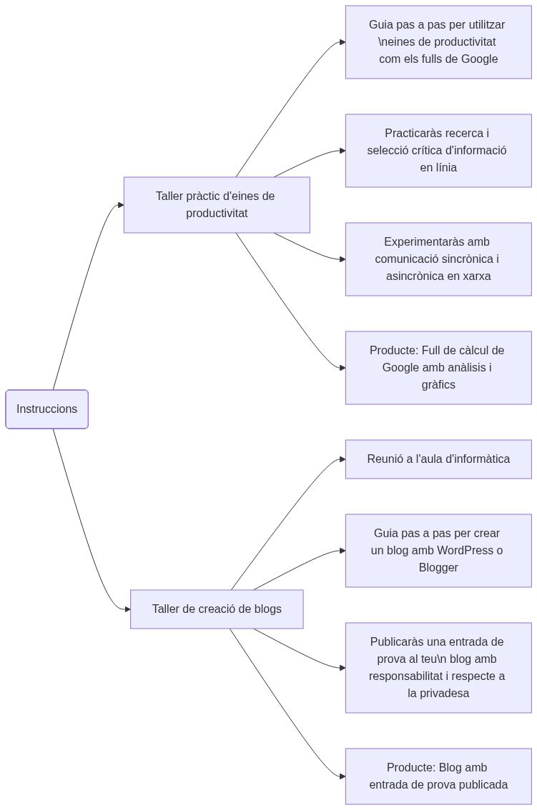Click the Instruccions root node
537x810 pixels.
coord(46,409)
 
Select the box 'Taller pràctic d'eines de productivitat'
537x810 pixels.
coord(217,205)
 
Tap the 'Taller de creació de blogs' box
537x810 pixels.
coord(217,609)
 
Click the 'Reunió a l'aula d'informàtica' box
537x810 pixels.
coord(438,459)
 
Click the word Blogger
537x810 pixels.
coord(438,568)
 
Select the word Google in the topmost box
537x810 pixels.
coord(479,59)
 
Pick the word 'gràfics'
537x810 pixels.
coord(438,385)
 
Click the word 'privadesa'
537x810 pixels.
coord(438,694)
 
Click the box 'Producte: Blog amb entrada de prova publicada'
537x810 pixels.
coord(438,776)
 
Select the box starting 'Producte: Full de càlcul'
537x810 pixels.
coord(438,368)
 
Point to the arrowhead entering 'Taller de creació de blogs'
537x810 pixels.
coord(127,609)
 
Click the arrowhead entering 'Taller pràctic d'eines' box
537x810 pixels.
coord(121,205)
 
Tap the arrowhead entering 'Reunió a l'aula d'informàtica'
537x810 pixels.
coord(343,459)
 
